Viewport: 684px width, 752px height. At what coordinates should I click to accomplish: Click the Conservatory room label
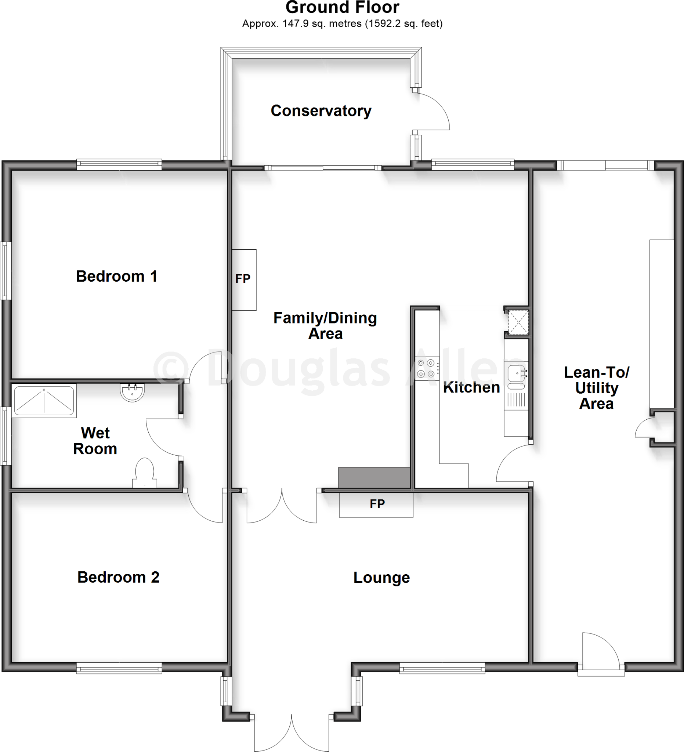point(321,111)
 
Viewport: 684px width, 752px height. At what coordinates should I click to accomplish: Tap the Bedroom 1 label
point(116,276)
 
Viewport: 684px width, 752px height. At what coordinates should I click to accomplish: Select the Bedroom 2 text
point(118,577)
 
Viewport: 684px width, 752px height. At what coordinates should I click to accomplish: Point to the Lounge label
point(381,578)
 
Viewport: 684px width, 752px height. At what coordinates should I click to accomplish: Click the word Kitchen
point(471,387)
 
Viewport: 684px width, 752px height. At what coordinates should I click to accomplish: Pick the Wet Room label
point(95,441)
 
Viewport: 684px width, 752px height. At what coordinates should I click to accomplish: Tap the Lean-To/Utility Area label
point(596,388)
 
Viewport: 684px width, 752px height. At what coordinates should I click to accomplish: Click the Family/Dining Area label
point(325,326)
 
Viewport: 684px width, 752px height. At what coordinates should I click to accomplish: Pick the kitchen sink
point(517,374)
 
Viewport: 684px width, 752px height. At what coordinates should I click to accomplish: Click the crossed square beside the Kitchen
point(518,322)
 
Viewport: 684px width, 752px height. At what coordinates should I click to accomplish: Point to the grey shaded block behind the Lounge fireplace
point(374,477)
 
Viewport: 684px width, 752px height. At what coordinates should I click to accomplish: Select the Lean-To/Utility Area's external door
point(600,653)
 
